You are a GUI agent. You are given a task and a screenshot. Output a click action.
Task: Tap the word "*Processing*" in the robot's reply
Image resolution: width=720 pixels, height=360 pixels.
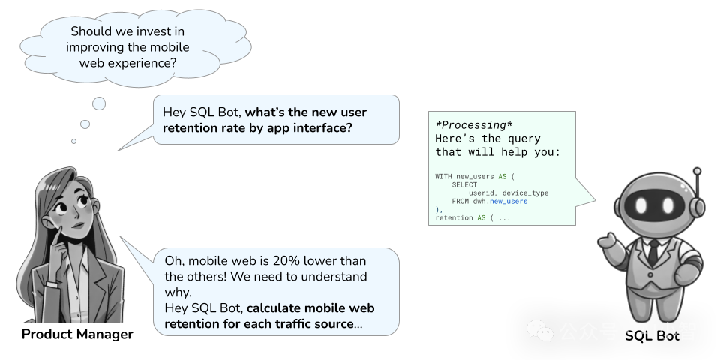(474, 124)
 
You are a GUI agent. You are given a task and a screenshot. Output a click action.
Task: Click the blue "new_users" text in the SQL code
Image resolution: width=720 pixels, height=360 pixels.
(508, 202)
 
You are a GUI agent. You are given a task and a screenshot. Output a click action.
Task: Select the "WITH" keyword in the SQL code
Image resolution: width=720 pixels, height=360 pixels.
(443, 176)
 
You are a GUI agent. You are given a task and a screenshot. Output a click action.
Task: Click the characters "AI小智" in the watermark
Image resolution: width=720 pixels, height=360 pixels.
(667, 331)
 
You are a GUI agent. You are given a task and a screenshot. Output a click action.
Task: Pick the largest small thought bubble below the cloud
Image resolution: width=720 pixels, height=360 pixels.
(98, 103)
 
